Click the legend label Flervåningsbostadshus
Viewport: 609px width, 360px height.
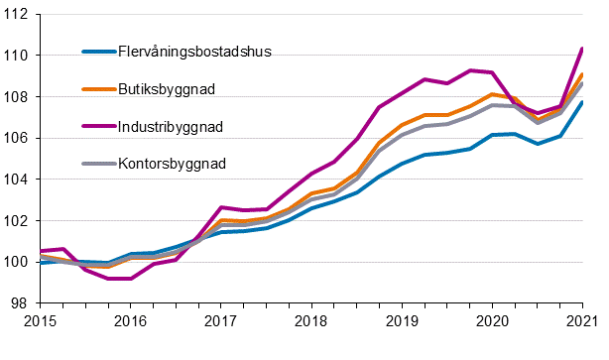click(194, 52)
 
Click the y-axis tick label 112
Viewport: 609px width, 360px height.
click(17, 14)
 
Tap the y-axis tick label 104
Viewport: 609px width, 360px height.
click(17, 180)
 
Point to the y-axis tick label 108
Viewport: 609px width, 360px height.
click(17, 96)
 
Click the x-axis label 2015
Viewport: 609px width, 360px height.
click(40, 321)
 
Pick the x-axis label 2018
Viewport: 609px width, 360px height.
click(310, 321)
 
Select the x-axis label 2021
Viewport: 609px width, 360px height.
click(582, 321)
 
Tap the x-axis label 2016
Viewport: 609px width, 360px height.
click(130, 321)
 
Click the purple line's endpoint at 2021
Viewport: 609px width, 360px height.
click(582, 49)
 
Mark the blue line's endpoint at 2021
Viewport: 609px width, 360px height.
click(582, 102)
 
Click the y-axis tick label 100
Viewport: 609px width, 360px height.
click(17, 262)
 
